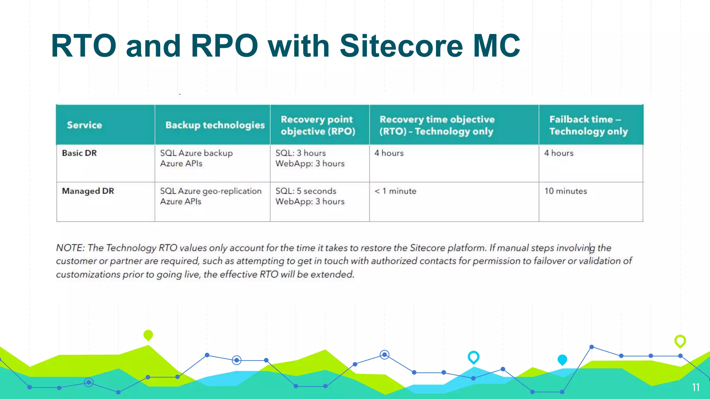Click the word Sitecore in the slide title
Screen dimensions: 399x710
click(x=401, y=46)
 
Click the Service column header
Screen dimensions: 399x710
click(x=84, y=125)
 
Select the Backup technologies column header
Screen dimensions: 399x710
click(x=215, y=125)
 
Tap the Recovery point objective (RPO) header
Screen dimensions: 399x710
click(x=318, y=125)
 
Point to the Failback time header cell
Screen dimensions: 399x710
click(x=588, y=125)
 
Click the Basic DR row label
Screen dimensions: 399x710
click(x=79, y=153)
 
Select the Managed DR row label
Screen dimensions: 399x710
click(x=88, y=191)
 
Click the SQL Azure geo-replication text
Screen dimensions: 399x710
click(x=210, y=191)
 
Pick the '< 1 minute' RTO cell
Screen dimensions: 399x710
click(x=395, y=191)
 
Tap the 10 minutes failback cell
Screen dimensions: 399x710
click(x=565, y=191)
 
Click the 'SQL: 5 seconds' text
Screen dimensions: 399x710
click(x=306, y=191)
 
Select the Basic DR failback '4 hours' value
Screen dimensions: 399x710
click(x=559, y=153)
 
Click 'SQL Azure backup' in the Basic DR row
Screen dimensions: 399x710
click(x=196, y=153)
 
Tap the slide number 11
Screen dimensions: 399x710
click(x=695, y=387)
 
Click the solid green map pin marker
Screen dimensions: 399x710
click(x=148, y=335)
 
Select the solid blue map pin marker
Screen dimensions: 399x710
click(x=562, y=360)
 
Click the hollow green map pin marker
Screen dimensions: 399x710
click(x=680, y=341)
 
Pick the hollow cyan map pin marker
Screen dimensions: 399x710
click(x=473, y=357)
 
